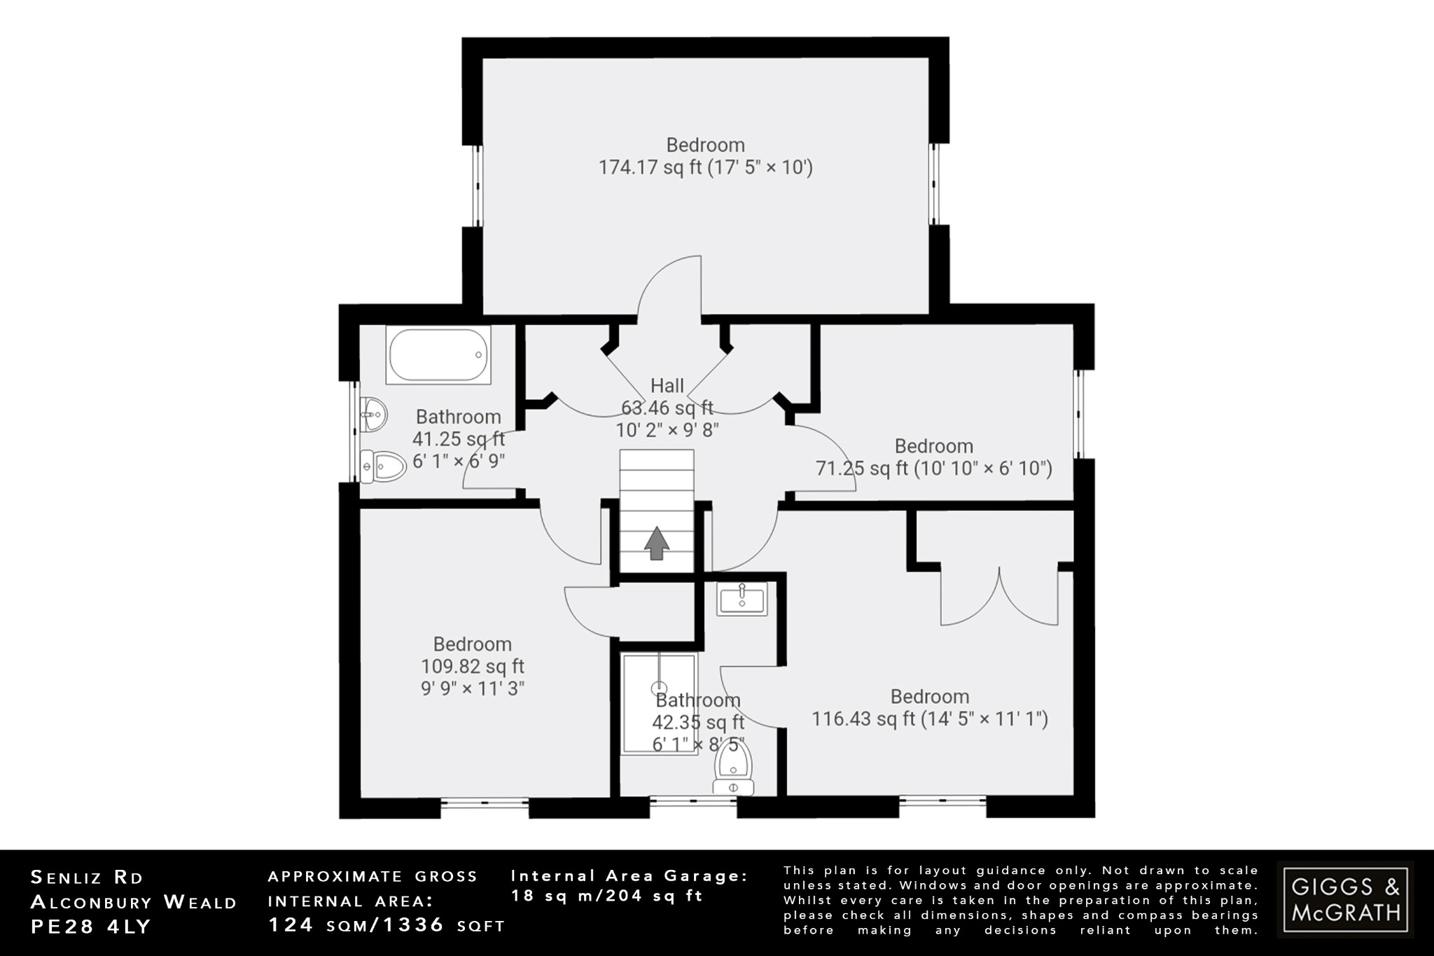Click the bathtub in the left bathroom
tap(438, 355)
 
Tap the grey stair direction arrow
tap(656, 544)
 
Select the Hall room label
tap(667, 385)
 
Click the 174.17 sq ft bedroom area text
tap(705, 168)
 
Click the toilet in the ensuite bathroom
tap(733, 770)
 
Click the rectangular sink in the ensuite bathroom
tap(742, 599)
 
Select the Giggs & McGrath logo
tap(1345, 899)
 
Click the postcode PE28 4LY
tap(91, 927)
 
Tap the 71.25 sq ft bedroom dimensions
tap(934, 468)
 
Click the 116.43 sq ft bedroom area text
tap(929, 719)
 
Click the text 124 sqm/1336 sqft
tap(387, 925)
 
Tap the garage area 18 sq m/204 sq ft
tap(606, 896)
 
